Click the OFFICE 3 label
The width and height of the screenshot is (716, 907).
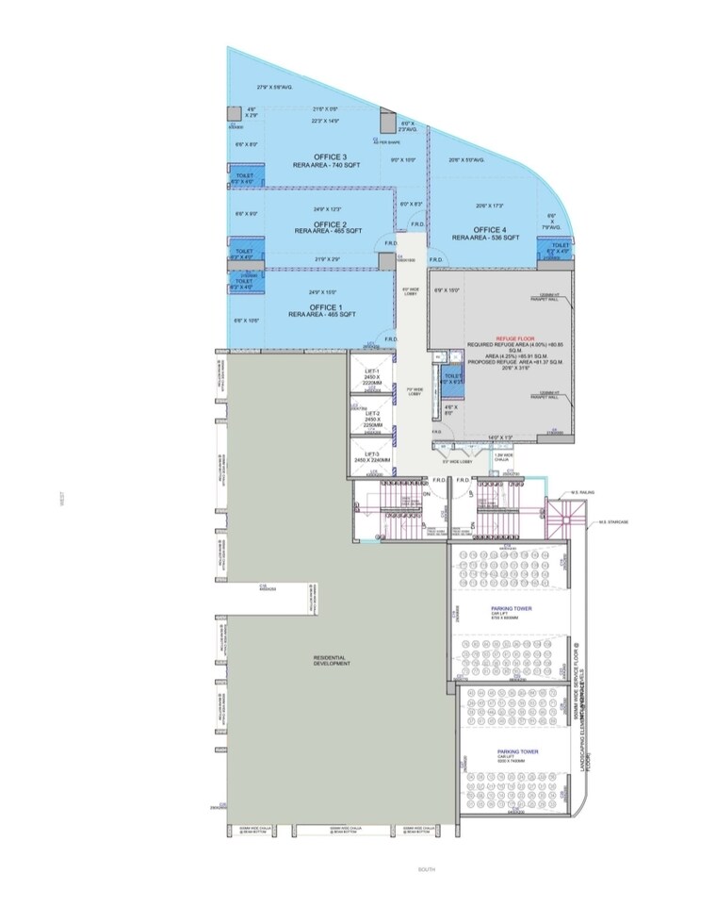(331, 157)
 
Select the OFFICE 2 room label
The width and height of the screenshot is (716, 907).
(331, 223)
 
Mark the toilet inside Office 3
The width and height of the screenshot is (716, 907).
(243, 177)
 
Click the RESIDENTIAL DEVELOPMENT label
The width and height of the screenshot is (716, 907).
(331, 660)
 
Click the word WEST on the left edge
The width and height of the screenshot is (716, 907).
(62, 505)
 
